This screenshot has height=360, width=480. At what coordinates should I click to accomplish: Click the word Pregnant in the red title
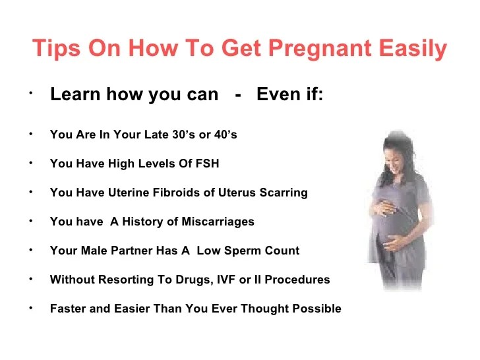pos(320,49)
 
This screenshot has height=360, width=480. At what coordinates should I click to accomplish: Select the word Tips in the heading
pos(56,49)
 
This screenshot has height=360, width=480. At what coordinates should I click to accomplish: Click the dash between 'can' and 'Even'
pos(238,95)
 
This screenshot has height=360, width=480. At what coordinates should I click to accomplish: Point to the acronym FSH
pos(207,163)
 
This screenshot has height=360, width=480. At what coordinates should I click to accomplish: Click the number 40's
pos(225,135)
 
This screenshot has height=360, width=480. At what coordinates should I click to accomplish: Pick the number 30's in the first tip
pos(183,135)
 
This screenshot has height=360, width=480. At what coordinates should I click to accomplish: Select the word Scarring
pos(284,193)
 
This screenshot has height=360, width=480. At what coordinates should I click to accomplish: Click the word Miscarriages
pos(218,222)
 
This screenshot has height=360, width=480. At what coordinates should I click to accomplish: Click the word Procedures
pos(297,279)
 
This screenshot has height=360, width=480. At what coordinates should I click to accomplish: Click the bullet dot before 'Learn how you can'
pos(30,93)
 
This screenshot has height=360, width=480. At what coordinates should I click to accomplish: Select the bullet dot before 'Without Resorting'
pos(30,278)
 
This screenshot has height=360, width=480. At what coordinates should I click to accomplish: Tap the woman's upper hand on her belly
pos(382,206)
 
